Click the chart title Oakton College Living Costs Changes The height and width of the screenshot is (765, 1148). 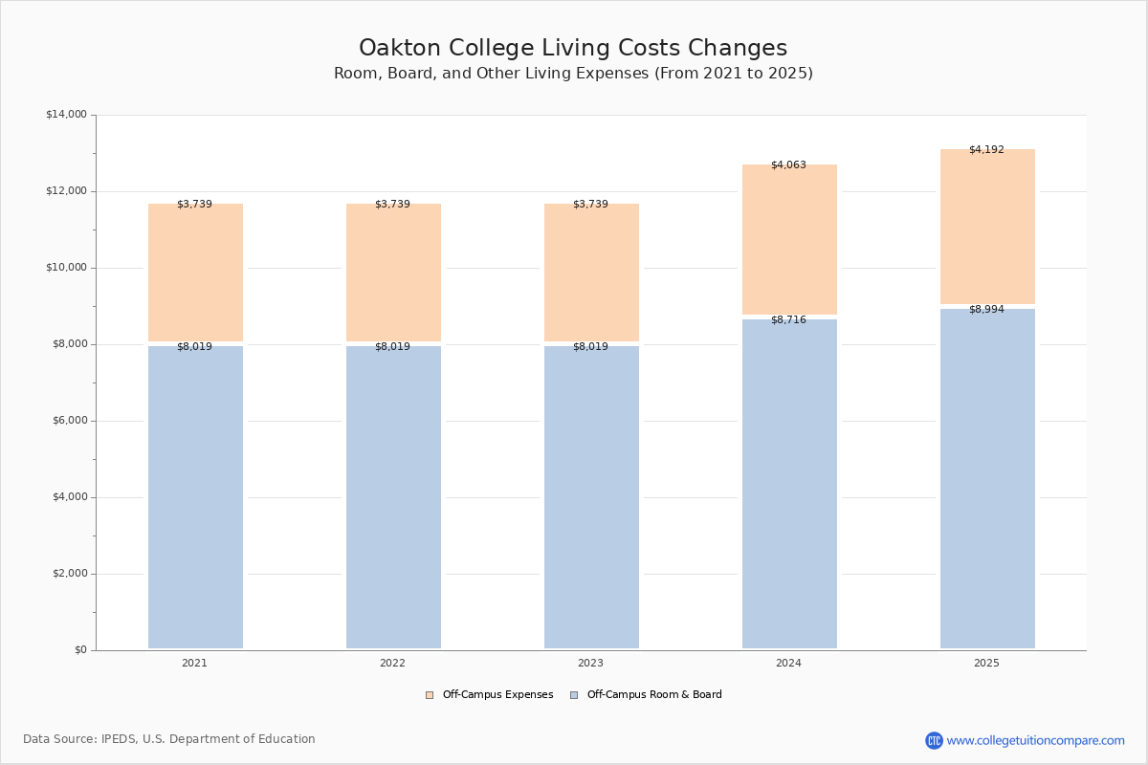click(573, 48)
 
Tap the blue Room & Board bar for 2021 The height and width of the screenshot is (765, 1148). click(195, 497)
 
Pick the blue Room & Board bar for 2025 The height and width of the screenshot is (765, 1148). click(987, 478)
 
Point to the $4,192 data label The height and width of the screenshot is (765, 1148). click(986, 150)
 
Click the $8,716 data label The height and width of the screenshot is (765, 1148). click(788, 320)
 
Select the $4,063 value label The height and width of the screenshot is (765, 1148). click(788, 165)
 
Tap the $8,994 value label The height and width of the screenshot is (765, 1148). click(986, 310)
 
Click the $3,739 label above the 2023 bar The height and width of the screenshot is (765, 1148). click(590, 205)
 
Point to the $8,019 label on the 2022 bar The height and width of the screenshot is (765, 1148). click(392, 347)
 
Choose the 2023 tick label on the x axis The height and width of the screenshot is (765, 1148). click(590, 664)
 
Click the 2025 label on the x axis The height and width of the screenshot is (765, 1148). click(986, 664)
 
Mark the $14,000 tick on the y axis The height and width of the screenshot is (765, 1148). click(66, 115)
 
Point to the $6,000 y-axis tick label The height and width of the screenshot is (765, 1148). click(66, 421)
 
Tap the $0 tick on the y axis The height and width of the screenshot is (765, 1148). click(80, 650)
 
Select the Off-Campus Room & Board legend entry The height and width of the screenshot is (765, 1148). click(653, 695)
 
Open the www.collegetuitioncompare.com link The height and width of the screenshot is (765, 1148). click(1035, 740)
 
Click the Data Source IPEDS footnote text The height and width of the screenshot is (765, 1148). click(169, 739)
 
